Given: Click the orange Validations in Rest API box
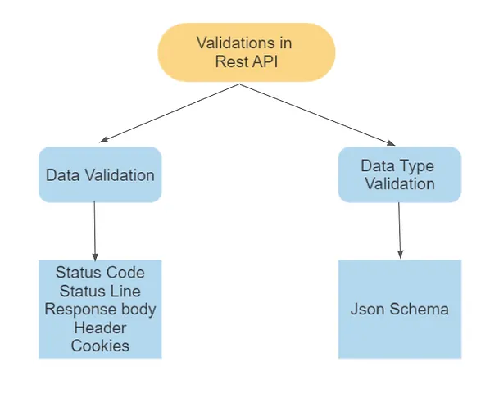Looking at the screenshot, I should point(246,52).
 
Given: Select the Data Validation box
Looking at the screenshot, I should point(100,174).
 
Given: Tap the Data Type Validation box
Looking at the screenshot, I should point(399,174).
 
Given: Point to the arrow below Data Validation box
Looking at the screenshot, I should point(96,230).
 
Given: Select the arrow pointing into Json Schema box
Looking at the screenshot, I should point(400,230).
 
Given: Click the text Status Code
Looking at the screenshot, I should point(100,273).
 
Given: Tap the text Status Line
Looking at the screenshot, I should point(100,291).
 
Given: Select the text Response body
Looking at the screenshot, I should point(100,310).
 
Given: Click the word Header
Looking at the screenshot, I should point(100,328).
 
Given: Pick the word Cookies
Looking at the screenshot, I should point(100,346).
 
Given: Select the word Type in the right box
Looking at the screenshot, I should point(417,166).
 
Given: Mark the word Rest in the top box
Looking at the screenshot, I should point(232,61).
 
